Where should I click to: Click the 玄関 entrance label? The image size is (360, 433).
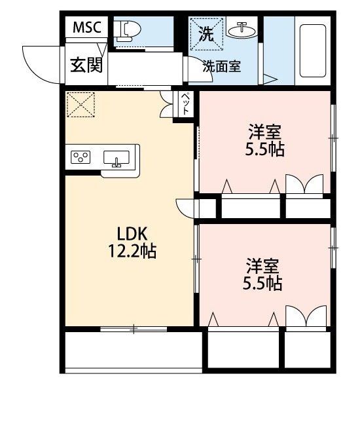(x=86, y=66)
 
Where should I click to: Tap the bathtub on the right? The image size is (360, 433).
(x=312, y=52)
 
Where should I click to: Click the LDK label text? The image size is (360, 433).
(x=134, y=233)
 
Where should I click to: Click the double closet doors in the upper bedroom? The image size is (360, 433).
(x=305, y=185)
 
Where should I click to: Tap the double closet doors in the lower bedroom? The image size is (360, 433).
(x=305, y=317)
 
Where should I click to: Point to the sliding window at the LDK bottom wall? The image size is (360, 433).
(x=134, y=328)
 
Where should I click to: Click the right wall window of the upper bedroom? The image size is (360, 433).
(x=333, y=138)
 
